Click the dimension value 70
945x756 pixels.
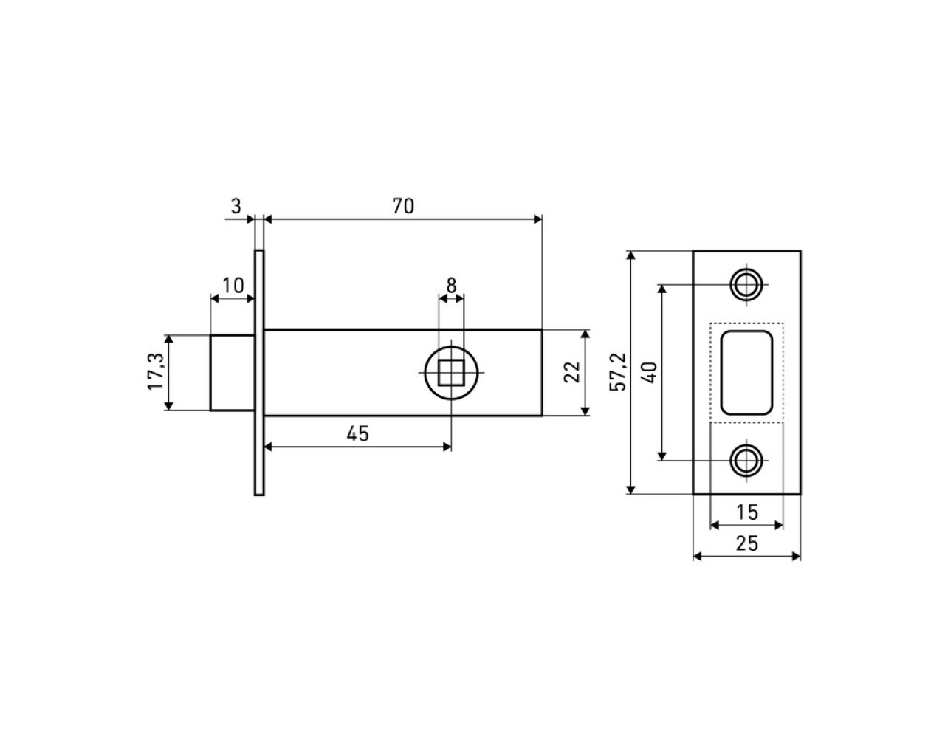(402, 206)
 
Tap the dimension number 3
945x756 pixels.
(236, 206)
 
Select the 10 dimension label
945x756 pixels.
(233, 286)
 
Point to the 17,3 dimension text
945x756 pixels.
(156, 371)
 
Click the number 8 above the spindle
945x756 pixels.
(451, 286)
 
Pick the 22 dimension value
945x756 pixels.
(572, 371)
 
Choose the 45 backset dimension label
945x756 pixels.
(357, 434)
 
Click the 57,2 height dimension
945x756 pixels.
(618, 372)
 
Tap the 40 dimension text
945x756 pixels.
(650, 372)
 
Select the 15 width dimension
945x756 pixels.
(747, 512)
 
